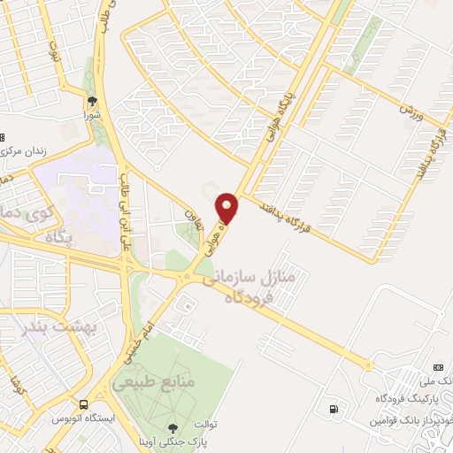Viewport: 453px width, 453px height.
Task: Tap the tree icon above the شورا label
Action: click(x=93, y=101)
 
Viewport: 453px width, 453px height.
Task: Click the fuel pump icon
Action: click(x=333, y=409)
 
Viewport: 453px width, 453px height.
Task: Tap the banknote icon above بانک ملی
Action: click(x=437, y=366)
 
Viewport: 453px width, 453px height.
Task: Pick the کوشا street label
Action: click(x=15, y=387)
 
